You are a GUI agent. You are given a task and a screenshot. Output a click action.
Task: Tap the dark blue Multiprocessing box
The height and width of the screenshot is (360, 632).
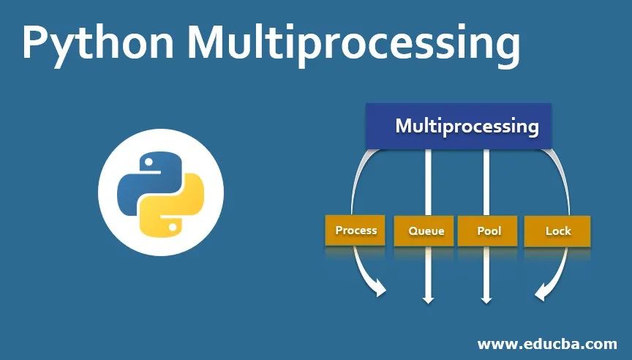pos(459,125)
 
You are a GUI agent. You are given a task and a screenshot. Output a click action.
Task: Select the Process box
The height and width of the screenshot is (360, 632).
pos(355,230)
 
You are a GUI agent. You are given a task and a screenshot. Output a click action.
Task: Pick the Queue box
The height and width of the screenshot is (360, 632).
pos(426,231)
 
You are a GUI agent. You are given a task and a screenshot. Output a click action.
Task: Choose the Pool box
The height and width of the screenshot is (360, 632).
pos(489,231)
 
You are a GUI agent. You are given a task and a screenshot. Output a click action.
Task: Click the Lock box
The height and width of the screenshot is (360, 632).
pos(558,231)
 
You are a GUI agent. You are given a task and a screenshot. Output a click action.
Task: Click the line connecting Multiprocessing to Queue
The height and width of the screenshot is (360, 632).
pos(428,183)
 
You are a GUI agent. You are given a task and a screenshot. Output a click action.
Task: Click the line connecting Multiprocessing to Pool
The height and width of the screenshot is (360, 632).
pos(486,183)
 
